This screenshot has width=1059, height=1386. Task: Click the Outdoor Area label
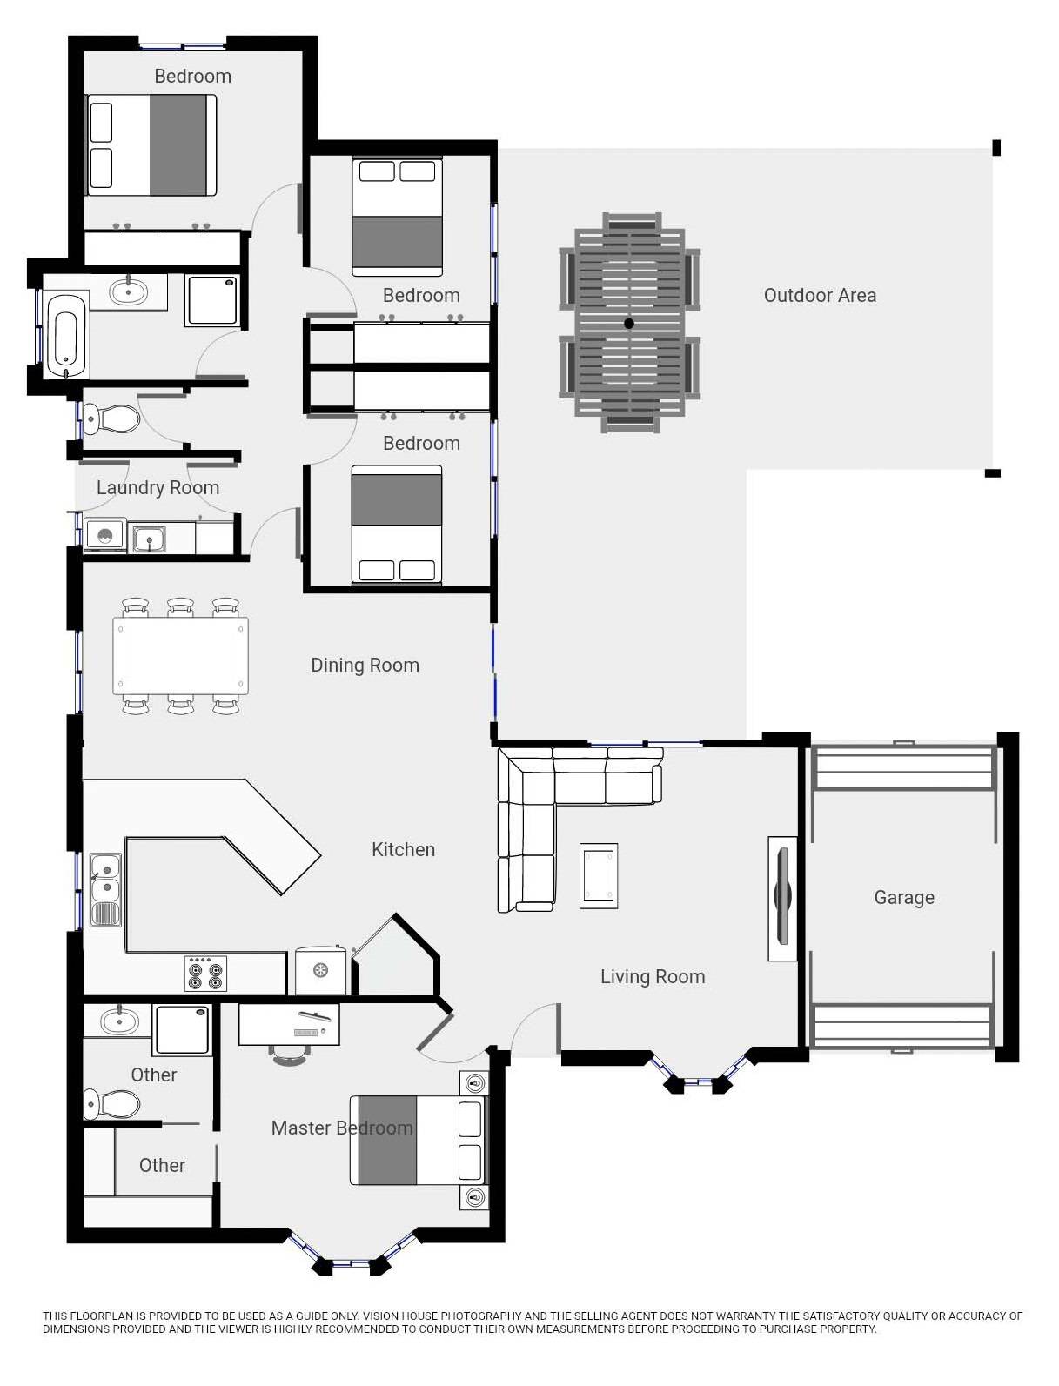pos(819,296)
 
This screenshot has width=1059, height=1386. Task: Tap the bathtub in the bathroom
pos(67,335)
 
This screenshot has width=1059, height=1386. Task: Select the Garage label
pos(903,898)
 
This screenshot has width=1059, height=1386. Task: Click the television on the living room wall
pos(781,898)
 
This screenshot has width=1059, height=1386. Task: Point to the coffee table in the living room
pos(599,875)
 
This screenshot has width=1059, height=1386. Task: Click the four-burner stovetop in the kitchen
pos(205,974)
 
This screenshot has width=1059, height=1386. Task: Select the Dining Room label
pos(365,666)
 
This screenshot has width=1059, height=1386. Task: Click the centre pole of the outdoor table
pos(628,324)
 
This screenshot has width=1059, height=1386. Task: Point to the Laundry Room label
pos(158,488)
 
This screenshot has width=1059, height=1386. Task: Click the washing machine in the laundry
pos(104,537)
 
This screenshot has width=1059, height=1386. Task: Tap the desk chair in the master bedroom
pos(291,1055)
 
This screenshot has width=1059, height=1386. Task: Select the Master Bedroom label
pos(341,1128)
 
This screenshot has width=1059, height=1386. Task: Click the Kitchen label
pos(403,850)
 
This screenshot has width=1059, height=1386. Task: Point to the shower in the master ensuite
pos(182,1029)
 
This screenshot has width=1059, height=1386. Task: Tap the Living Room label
pos(652,977)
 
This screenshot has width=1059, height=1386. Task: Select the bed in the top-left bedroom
pos(151,145)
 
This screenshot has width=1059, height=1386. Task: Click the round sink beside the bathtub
pos(129,291)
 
